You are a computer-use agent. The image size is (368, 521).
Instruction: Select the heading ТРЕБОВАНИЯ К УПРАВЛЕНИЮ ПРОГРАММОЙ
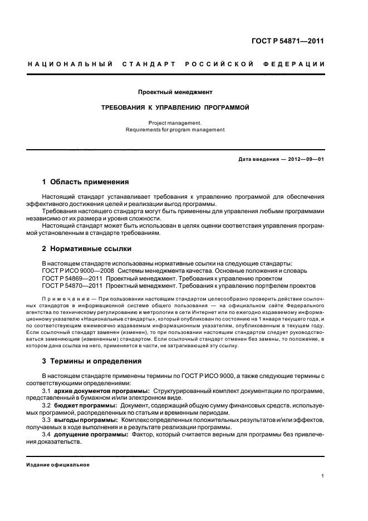click(x=175, y=107)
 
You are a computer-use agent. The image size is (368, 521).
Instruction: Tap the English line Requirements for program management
click(x=175, y=129)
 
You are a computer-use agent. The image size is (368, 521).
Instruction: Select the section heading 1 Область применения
click(x=86, y=182)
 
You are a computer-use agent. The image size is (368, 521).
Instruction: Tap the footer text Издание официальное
click(x=58, y=465)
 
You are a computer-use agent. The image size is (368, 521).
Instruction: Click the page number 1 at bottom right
click(x=323, y=476)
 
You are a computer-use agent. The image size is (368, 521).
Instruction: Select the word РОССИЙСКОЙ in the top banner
click(x=222, y=65)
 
